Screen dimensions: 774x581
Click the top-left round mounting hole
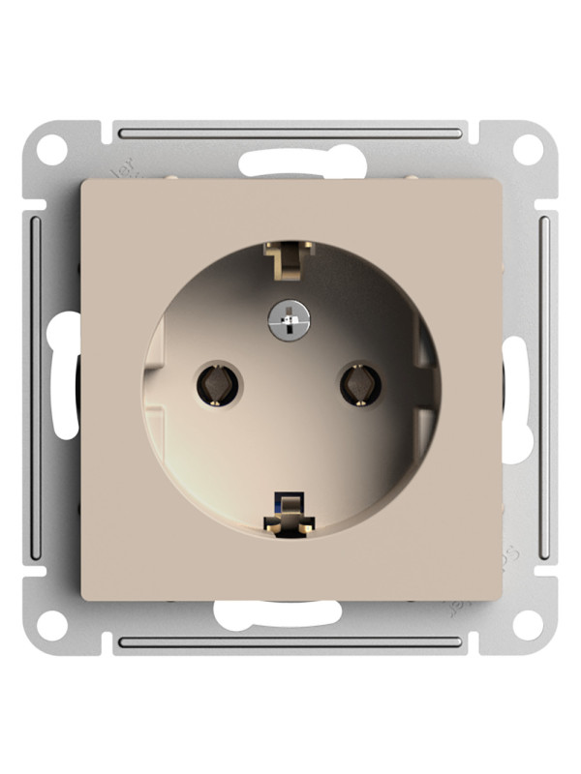53,150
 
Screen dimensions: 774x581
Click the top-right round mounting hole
528,150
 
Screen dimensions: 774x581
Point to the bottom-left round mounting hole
53,624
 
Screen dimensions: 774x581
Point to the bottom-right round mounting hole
528,624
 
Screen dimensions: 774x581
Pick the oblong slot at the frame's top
290,162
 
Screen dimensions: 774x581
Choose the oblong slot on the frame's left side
66,387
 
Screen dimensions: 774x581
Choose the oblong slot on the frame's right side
516,387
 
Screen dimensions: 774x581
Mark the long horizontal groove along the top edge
290,132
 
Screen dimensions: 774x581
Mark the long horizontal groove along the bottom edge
290,641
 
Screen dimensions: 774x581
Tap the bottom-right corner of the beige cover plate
500,597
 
